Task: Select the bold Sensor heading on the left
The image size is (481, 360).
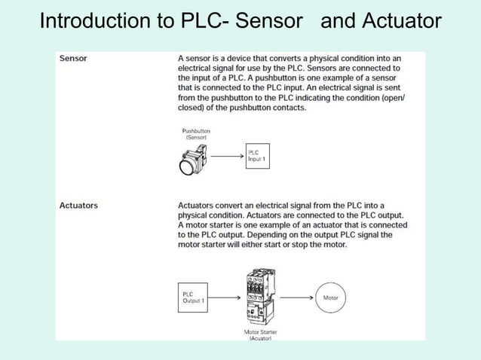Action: click(72, 58)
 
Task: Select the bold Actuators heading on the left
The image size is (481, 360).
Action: click(78, 205)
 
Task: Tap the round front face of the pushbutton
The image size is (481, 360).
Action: click(187, 163)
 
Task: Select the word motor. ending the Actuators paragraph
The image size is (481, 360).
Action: click(332, 244)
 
